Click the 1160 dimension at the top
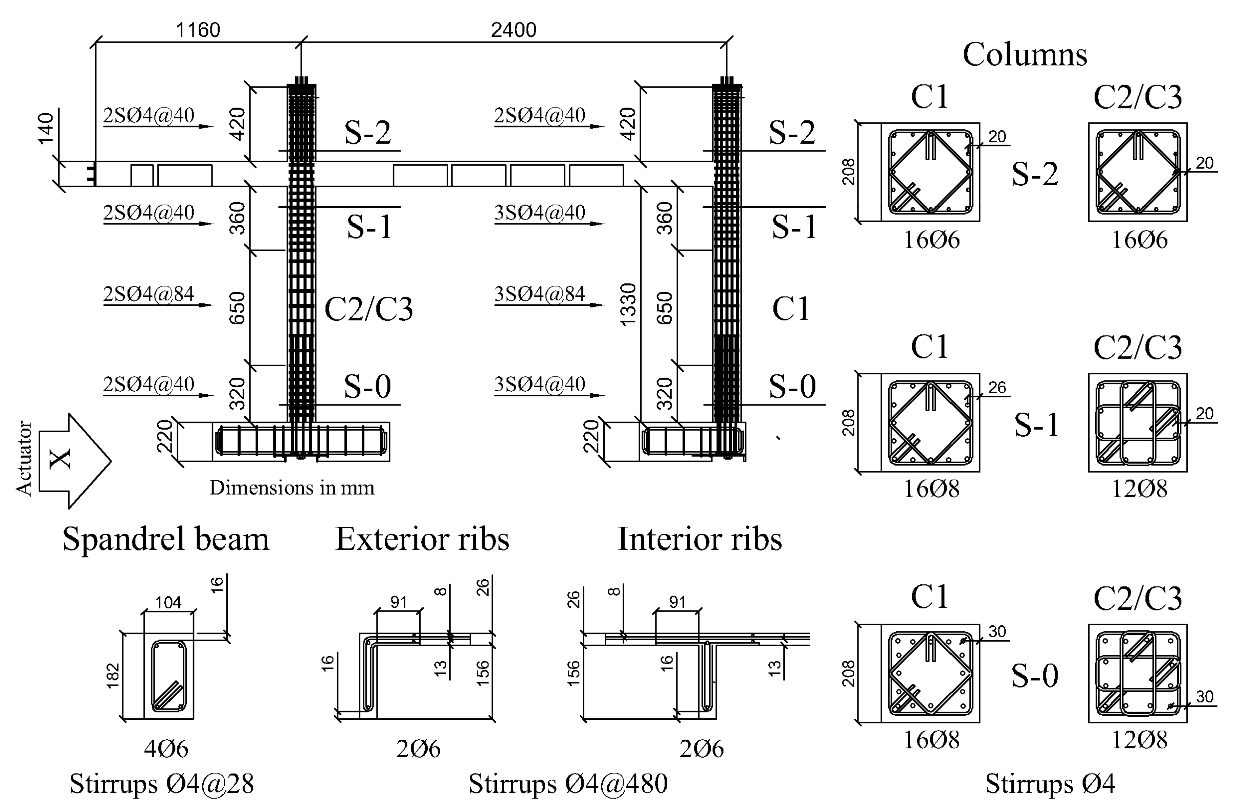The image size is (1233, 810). click(198, 30)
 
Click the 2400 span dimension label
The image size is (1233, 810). click(513, 30)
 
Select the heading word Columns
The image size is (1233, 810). click(1024, 54)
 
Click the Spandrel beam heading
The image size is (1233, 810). click(166, 539)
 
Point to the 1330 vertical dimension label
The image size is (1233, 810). click(628, 304)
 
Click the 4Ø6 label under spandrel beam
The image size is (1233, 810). click(166, 749)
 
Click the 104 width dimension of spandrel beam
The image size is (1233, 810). click(169, 602)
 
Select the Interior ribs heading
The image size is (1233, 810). click(699, 539)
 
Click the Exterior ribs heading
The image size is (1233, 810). click(422, 539)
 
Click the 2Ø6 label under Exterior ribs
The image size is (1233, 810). click(418, 749)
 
